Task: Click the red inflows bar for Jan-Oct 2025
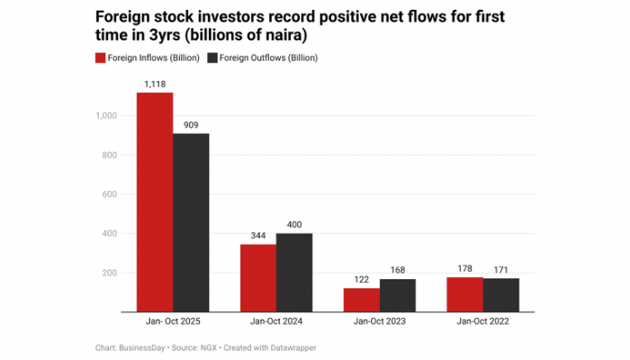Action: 155,202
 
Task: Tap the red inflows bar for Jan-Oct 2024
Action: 258,277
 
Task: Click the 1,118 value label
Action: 155,84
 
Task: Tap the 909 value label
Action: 191,125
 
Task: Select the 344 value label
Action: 258,236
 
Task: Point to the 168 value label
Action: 398,270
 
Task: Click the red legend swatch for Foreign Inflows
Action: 102,58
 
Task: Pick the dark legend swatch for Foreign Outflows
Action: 213,58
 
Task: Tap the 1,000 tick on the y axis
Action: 106,115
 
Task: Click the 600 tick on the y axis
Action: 110,194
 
